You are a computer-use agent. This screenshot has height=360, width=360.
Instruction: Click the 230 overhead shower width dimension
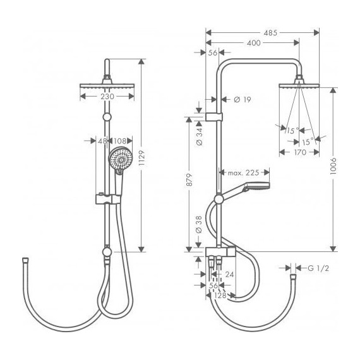[x=107, y=97]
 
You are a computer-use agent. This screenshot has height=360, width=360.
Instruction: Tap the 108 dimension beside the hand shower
[x=121, y=141]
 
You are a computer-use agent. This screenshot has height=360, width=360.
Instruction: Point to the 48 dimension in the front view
[x=102, y=141]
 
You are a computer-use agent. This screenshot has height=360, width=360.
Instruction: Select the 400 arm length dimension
[x=253, y=42]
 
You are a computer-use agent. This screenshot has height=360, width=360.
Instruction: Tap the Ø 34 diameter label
[x=200, y=136]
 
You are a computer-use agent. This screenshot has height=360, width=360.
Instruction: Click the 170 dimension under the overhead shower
[x=297, y=152]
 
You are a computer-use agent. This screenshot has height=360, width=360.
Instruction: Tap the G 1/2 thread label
[x=319, y=268]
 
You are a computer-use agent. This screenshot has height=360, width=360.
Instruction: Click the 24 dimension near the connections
[x=231, y=274]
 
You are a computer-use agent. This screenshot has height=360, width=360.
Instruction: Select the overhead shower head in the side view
[x=297, y=86]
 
